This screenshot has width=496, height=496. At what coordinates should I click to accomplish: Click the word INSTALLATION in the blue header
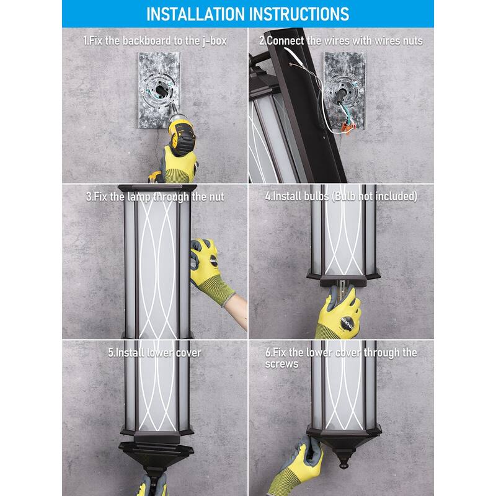196,14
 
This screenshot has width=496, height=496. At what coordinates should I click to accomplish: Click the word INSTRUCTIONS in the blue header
299,14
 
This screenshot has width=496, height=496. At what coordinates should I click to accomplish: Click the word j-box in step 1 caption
215,41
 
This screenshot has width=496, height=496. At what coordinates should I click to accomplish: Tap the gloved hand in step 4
339,313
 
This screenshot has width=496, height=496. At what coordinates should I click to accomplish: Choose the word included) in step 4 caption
396,197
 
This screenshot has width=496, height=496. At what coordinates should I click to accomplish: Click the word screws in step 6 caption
281,364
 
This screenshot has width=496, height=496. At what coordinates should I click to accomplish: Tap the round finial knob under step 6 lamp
343,464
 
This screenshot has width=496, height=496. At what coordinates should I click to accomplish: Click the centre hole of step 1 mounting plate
159,91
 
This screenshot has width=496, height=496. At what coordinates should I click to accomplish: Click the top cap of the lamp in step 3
157,188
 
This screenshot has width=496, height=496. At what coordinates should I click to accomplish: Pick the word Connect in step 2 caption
286,41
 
